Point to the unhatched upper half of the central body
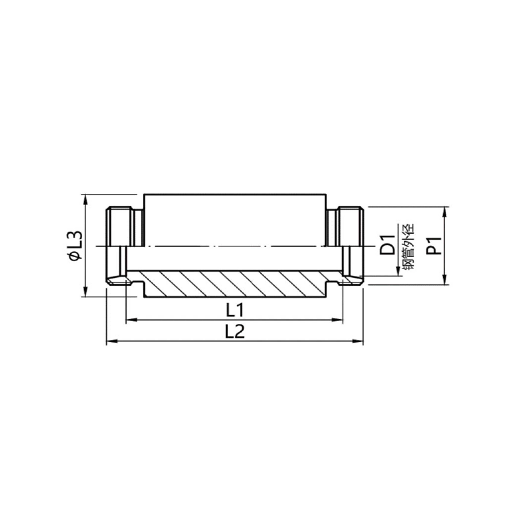pyautogui.click(x=235, y=220)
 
